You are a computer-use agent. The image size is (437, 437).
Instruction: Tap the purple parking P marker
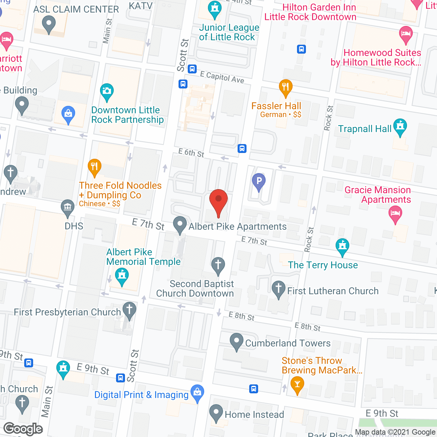259,181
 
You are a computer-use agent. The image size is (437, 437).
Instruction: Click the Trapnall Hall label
365,129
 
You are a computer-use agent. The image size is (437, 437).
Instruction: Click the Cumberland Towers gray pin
236,342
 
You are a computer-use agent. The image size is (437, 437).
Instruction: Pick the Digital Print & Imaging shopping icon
197,393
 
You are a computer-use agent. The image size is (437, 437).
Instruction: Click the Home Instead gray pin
216,413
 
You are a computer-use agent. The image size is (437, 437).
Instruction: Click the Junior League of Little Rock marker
214,9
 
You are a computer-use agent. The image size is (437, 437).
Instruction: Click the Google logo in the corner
23,429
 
